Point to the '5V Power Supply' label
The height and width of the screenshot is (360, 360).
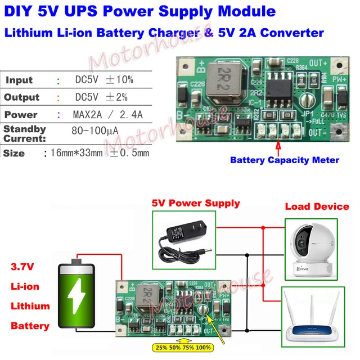point(196,204)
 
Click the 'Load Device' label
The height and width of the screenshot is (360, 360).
point(317,206)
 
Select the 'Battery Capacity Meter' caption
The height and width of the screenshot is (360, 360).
point(285,160)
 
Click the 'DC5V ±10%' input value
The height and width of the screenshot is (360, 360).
point(104,80)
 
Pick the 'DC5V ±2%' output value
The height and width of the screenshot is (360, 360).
point(101,97)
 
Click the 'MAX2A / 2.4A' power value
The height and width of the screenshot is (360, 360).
point(109,115)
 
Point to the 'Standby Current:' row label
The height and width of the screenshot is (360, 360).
point(25,134)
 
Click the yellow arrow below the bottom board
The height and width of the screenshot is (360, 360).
point(180,340)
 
